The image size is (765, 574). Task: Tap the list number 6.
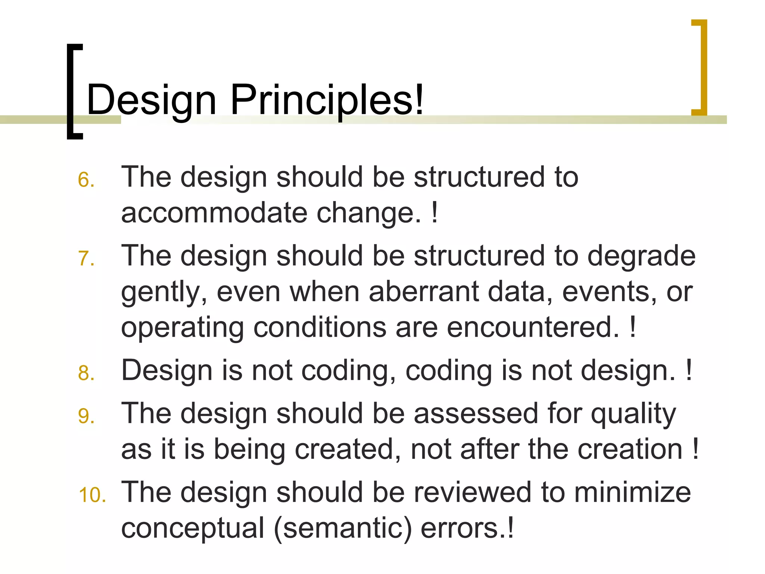click(x=86, y=180)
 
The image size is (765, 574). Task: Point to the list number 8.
click(x=86, y=373)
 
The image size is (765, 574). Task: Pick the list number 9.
click(x=86, y=416)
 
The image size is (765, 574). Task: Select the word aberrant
click(x=424, y=292)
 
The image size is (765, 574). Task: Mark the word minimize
click(x=632, y=493)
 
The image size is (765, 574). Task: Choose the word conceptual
click(x=193, y=528)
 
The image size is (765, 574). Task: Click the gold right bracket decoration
click(x=700, y=67)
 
